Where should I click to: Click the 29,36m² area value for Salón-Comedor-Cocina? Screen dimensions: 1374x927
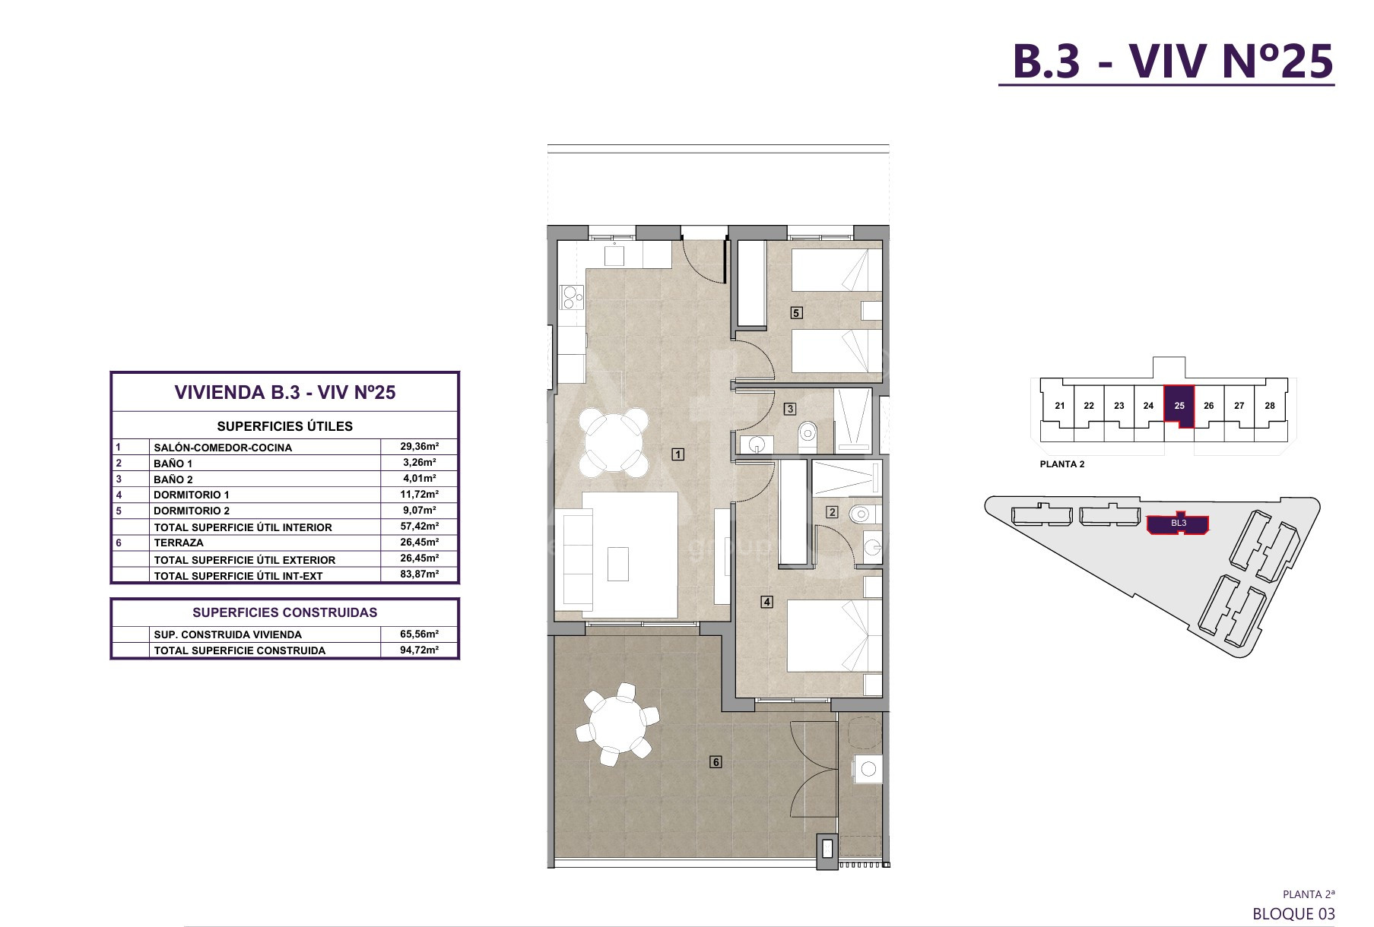pos(420,447)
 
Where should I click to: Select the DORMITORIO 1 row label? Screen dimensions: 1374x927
pos(192,495)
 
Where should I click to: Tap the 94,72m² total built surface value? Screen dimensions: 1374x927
pos(420,650)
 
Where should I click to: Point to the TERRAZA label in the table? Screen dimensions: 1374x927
pos(179,543)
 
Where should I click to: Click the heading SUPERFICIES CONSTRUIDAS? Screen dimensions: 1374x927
pos(285,612)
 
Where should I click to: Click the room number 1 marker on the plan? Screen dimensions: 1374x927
pos(678,454)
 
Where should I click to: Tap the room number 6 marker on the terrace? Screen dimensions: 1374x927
pos(716,761)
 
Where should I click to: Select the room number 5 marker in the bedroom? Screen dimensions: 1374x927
pos(796,312)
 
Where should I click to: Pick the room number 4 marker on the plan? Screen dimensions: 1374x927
pos(767,602)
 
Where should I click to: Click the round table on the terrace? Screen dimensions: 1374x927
pos(617,724)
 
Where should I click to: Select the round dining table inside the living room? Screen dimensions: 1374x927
pos(614,441)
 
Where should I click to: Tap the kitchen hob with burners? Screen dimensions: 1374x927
pos(572,297)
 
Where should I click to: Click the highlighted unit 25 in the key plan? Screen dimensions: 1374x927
pos(1179,406)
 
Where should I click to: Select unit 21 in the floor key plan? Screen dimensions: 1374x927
pos(1059,406)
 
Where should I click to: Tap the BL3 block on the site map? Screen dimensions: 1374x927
pos(1178,524)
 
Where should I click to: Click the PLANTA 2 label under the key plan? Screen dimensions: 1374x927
pos(1062,464)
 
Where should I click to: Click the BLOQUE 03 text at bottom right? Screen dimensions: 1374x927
pos(1293,913)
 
